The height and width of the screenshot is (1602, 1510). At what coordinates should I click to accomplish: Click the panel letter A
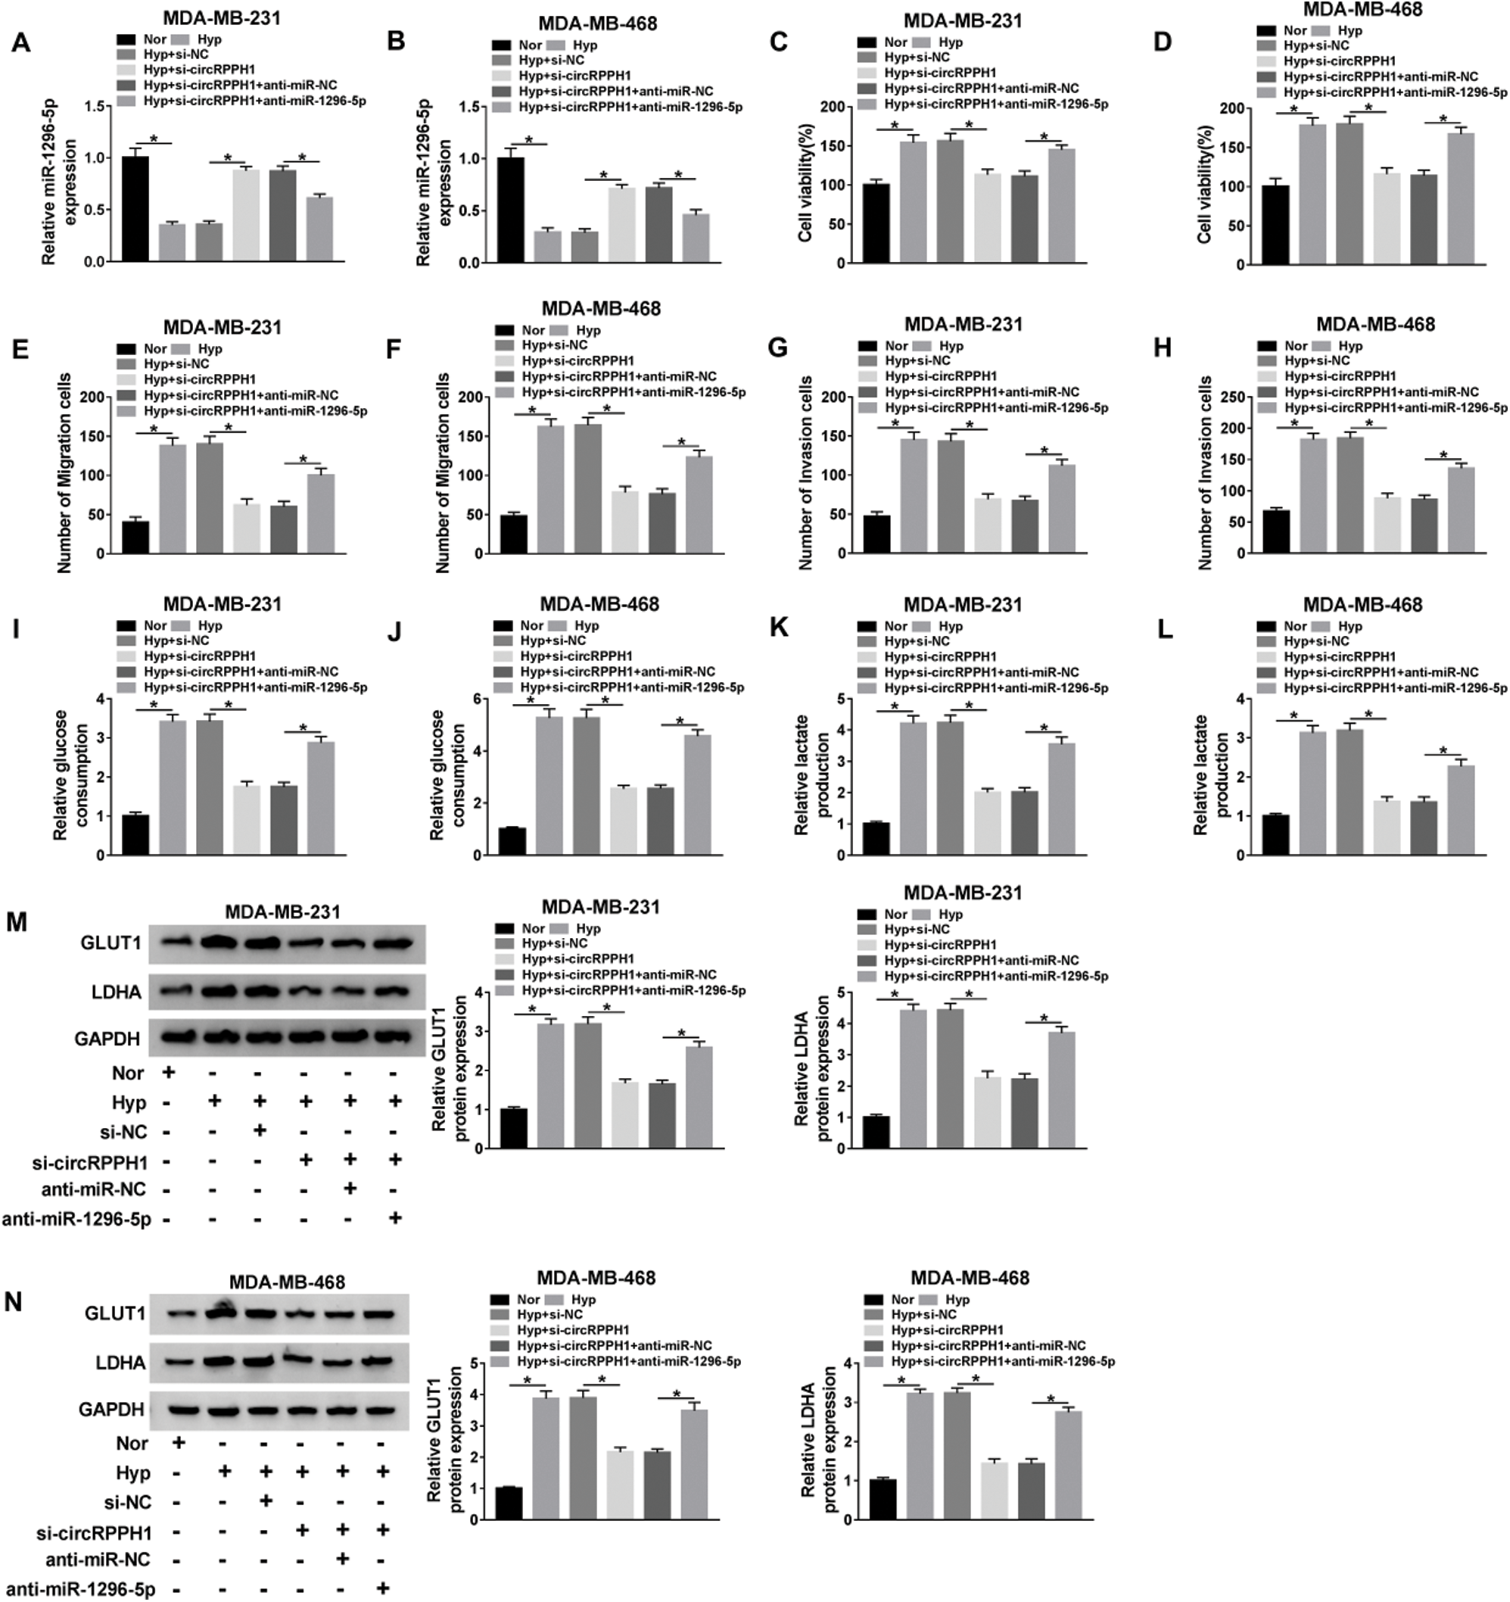pos(21,42)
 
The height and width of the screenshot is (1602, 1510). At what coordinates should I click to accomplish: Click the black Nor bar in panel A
pos(135,209)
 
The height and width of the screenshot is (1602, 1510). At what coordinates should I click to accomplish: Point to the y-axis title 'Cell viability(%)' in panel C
pos(805,185)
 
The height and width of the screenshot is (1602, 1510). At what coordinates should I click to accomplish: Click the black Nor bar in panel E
pos(135,538)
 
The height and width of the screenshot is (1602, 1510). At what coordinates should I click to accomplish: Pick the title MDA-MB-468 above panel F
pos(600,309)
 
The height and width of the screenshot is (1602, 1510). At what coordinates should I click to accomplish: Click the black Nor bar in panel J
pos(512,841)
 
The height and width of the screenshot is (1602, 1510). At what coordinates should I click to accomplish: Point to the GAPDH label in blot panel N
pos(111,1410)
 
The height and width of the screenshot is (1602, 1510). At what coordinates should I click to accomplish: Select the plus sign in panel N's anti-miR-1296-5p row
pos(384,1588)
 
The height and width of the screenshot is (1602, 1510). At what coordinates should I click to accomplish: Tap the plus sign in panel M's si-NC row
pos(259,1131)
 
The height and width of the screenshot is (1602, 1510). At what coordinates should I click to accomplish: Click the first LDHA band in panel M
pos(173,990)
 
